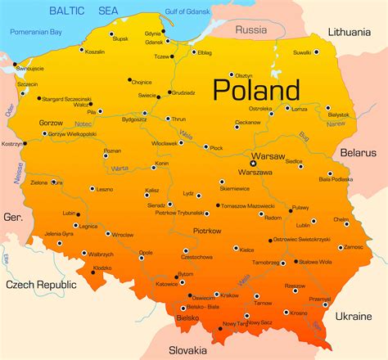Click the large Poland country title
[256, 88]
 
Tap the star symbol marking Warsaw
[253, 163]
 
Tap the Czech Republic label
[40, 285]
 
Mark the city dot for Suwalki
[317, 52]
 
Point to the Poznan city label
[112, 151]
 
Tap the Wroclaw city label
[123, 235]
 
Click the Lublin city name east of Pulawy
[304, 224]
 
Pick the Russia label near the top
[250, 29]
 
